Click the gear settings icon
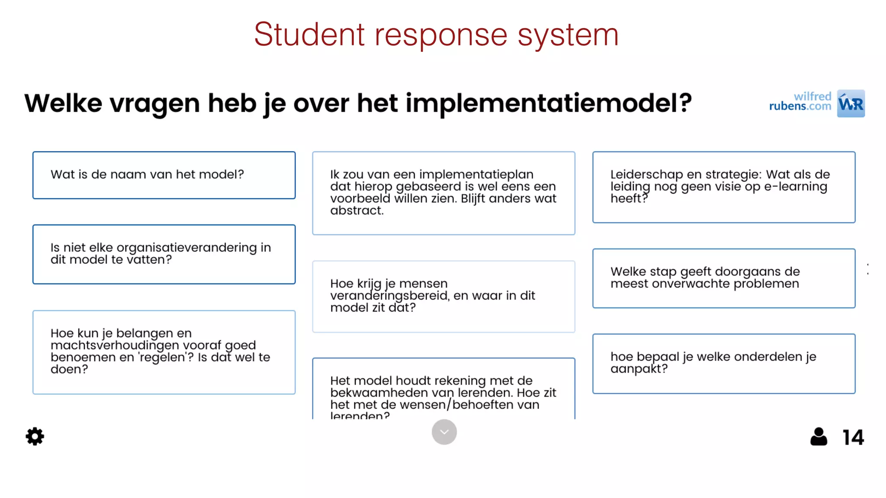click(35, 437)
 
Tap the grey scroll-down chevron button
click(444, 432)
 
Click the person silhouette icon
click(819, 437)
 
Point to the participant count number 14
click(853, 437)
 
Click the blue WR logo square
click(851, 104)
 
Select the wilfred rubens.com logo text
click(800, 102)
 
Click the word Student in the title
click(309, 35)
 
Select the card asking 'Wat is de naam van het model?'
click(164, 175)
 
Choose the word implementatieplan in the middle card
click(476, 175)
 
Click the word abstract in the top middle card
click(356, 211)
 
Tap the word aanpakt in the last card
click(639, 369)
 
